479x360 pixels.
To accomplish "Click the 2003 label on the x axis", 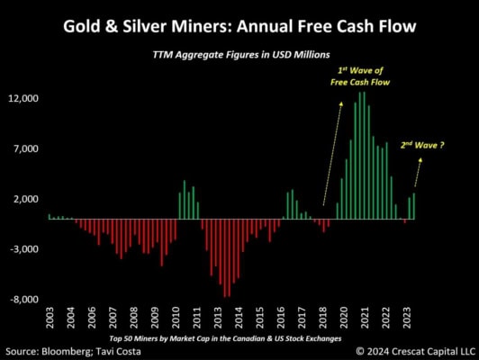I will (50, 320).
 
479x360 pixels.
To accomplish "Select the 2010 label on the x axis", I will (176, 320).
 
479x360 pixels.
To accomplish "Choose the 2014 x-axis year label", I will (239, 320).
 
